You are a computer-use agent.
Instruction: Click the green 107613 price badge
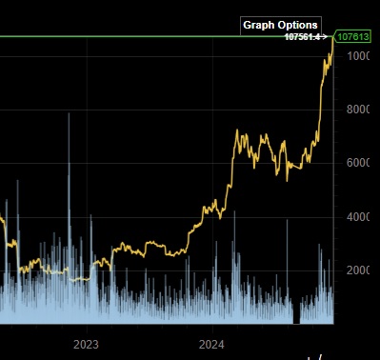click(x=353, y=37)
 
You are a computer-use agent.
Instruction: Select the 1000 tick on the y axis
click(x=358, y=57)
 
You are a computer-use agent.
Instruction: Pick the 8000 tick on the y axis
click(x=358, y=110)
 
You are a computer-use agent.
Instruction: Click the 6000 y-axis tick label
click(x=358, y=164)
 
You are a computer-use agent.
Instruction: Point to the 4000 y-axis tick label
click(x=358, y=217)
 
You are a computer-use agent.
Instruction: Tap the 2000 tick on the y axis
click(x=358, y=270)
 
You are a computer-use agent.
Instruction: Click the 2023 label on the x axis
click(x=87, y=343)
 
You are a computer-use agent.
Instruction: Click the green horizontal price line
click(x=143, y=37)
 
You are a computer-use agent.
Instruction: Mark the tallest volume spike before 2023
click(x=69, y=114)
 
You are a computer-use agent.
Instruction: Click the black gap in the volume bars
click(x=297, y=314)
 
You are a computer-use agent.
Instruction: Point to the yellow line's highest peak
click(x=332, y=38)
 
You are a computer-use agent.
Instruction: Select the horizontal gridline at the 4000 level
click(x=143, y=217)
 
